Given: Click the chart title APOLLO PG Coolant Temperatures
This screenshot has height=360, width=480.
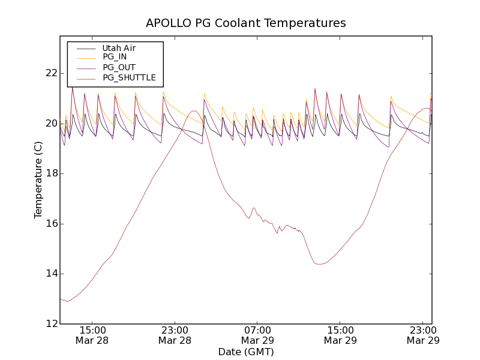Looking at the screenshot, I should coord(246,23).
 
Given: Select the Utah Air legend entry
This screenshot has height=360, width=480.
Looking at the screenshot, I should coord(119,48).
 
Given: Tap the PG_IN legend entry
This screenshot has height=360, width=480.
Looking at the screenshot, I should coord(115,57).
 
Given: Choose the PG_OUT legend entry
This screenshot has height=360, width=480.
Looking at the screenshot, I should coord(119,67).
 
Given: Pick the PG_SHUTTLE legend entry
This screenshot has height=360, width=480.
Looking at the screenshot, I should coord(129,77).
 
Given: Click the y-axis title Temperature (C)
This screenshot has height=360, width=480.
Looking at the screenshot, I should coord(38,180).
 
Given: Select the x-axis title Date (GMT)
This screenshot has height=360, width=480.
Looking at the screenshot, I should coord(246,352).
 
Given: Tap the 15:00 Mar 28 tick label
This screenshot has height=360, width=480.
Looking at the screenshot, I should coord(92,335).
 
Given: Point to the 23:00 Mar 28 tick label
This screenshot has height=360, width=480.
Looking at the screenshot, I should coord(175,335).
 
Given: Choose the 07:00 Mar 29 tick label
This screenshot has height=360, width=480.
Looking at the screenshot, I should coord(257,335).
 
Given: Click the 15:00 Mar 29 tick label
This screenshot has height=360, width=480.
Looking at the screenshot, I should coord(340,335).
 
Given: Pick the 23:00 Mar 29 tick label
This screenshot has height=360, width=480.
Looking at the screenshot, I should coord(423,335).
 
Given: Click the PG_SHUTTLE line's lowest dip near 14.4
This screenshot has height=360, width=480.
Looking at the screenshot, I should coord(320,264).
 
